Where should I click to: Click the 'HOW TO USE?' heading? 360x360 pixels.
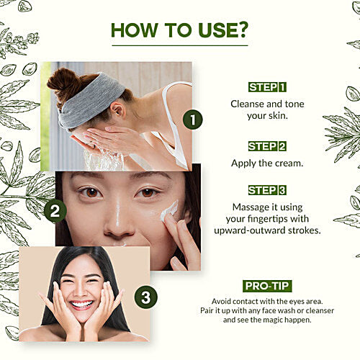179,30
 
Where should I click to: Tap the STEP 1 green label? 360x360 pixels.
267,87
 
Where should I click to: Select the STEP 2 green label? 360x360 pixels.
267,146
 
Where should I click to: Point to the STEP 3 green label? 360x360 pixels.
267,190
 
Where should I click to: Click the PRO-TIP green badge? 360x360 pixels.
267,286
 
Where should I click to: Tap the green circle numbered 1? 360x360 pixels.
193,120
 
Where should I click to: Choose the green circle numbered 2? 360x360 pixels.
55,211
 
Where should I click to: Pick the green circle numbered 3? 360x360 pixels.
146,297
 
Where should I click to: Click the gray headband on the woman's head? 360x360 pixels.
91,101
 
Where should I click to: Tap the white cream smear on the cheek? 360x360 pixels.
169,211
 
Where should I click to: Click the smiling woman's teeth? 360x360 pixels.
81,305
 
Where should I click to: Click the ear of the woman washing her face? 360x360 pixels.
118,110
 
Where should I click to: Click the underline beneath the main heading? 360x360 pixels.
180,45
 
